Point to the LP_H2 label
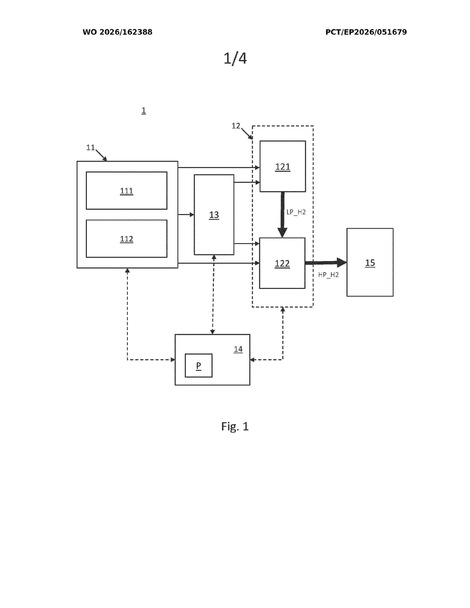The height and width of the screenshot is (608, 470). pos(296,212)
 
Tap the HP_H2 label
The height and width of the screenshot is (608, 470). pos(328,275)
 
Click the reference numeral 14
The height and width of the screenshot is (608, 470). pos(238,349)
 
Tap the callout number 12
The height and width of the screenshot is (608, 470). pos(236,126)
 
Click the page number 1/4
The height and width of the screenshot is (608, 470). pos(235,58)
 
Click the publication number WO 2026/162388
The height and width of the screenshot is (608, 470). pos(118,32)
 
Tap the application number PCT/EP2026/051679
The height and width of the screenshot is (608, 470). pos(366,32)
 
